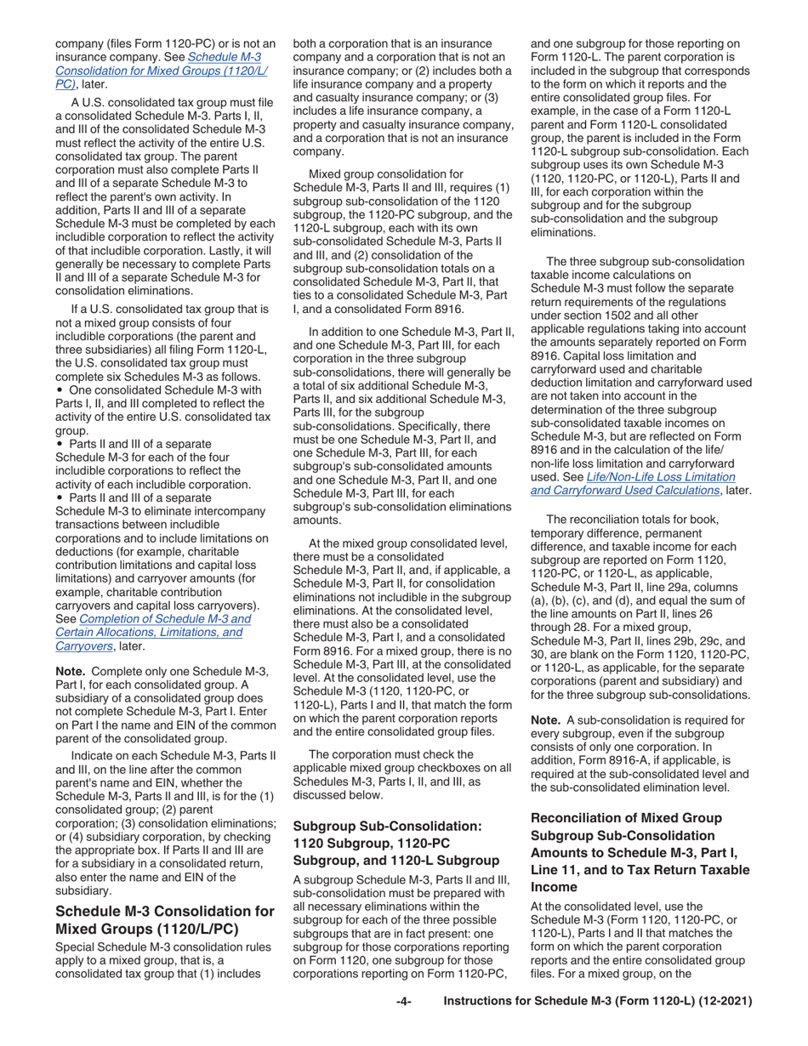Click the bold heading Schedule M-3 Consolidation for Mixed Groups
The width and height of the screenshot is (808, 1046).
pos(164,919)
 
